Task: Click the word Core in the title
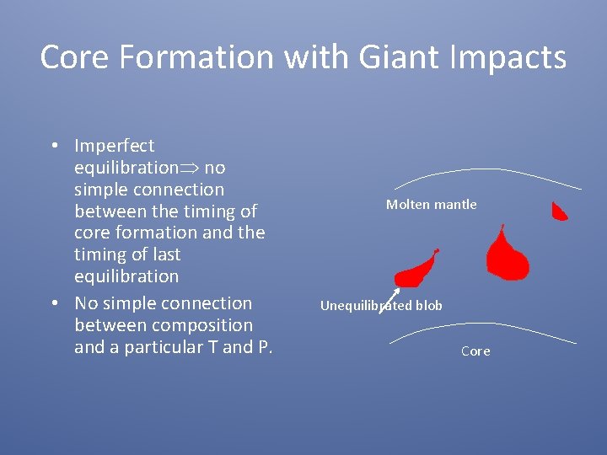coord(70,58)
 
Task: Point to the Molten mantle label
coord(431,205)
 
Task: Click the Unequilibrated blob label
coord(381,306)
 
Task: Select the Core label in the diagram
coord(475,351)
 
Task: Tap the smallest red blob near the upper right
coord(559,211)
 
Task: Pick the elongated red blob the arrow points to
coord(416,271)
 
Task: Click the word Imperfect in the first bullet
coord(114,146)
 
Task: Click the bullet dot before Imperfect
coord(53,146)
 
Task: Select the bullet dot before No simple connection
coord(53,303)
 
